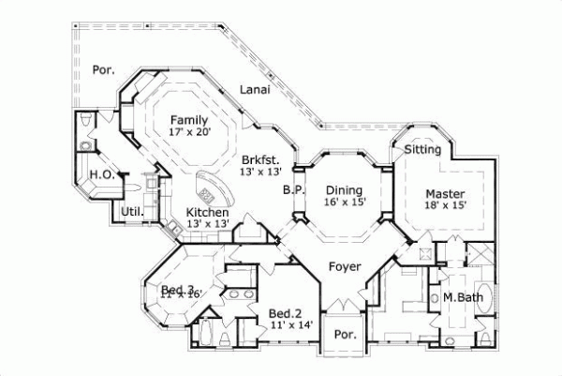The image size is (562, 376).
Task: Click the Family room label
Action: coord(189,119)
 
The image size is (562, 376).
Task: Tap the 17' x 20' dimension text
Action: coord(189,132)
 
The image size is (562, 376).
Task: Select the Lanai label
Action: coord(255,90)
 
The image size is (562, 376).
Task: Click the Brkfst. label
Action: coord(259,159)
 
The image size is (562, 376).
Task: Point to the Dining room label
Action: coord(344,188)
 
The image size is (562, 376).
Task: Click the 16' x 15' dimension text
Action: coord(344,201)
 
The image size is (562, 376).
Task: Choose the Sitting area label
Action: coord(422,149)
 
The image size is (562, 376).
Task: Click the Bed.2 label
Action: coord(284,312)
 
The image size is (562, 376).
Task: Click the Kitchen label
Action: coord(206,212)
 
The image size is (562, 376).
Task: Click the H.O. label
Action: coord(101,175)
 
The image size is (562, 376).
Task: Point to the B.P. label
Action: coord(291,189)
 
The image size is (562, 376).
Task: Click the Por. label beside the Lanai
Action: coord(103,70)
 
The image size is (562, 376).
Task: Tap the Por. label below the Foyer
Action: coord(346,334)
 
